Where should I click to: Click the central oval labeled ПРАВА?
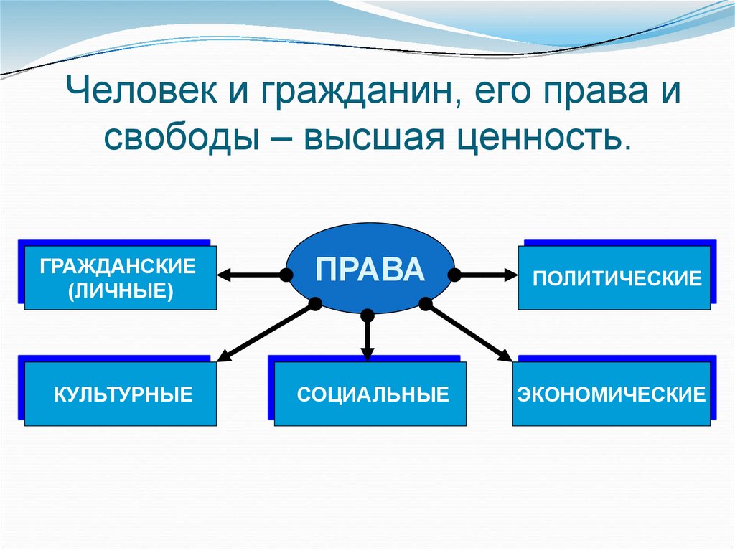pos(370,268)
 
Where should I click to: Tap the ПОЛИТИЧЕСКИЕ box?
pos(617,278)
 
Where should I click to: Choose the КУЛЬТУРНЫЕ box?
pos(121,394)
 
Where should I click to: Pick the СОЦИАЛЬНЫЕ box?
pos(370,394)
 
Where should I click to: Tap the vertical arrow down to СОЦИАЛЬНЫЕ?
pos(367,337)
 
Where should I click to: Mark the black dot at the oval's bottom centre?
pos(367,315)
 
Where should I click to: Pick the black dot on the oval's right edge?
pos(454,274)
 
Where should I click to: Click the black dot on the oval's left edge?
pos(286,274)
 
